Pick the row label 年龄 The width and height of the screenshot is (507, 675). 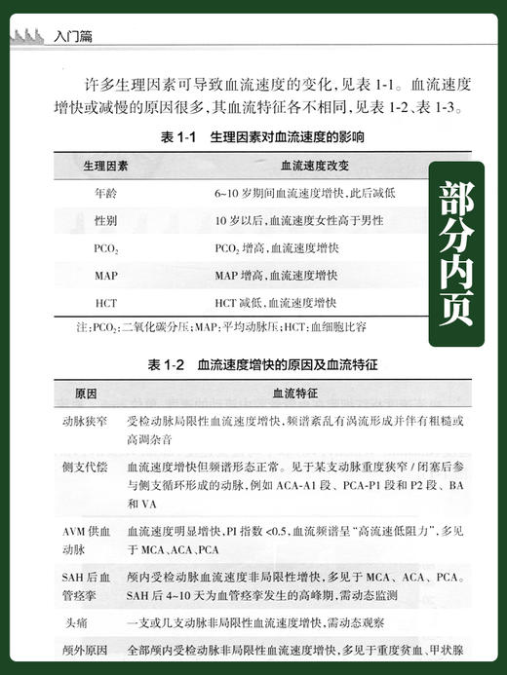(x=106, y=194)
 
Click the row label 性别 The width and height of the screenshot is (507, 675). (x=106, y=221)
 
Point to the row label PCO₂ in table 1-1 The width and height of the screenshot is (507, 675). (x=106, y=248)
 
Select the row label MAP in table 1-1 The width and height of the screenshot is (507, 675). (x=106, y=276)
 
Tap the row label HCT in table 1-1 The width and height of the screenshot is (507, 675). (x=106, y=303)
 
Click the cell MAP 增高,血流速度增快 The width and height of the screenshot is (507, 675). (x=276, y=276)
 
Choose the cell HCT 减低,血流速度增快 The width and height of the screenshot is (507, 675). (x=275, y=303)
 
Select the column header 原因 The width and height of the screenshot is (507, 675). (x=86, y=396)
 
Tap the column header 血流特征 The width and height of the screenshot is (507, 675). (x=310, y=396)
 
